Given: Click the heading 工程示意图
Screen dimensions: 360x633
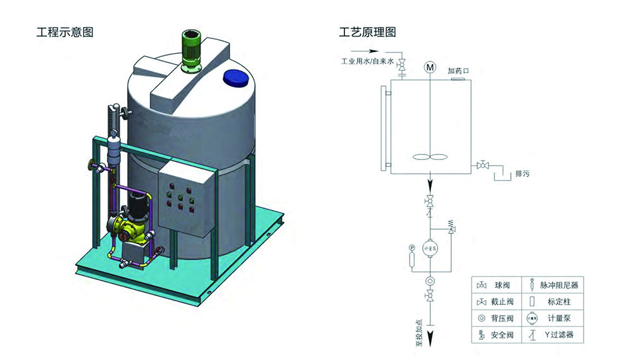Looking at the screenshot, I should pyautogui.click(x=65, y=32).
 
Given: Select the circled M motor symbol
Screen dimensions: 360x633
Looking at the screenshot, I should pyautogui.click(x=430, y=67).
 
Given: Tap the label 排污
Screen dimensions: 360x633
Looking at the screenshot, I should pyautogui.click(x=522, y=173).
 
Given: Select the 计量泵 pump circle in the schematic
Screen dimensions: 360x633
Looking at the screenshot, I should pyautogui.click(x=430, y=247).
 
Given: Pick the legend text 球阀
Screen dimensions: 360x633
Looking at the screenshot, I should pyautogui.click(x=502, y=285).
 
